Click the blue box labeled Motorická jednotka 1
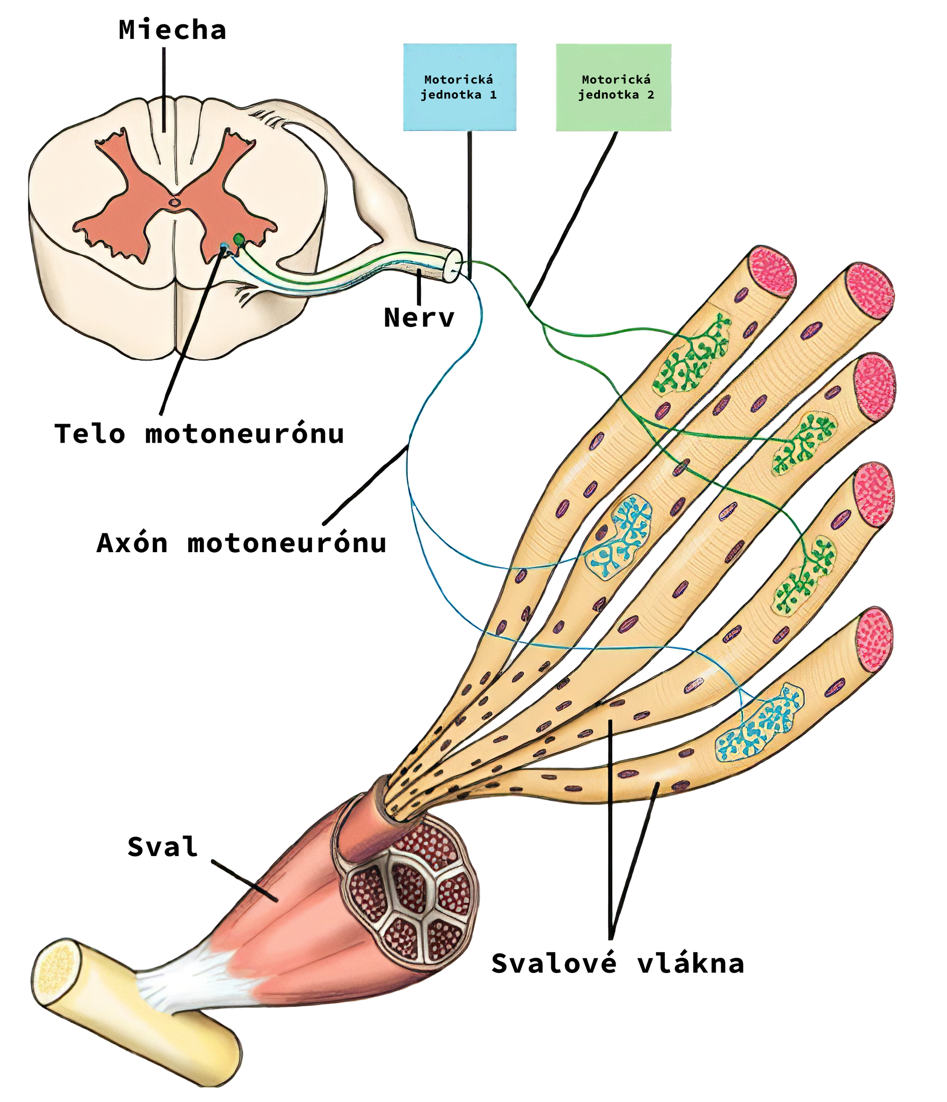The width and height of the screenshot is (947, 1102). [x=459, y=87]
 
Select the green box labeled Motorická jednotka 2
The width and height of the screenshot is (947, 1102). [x=613, y=87]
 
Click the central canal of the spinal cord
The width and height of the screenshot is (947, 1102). [x=174, y=202]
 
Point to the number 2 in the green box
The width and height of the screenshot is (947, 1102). [x=651, y=95]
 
